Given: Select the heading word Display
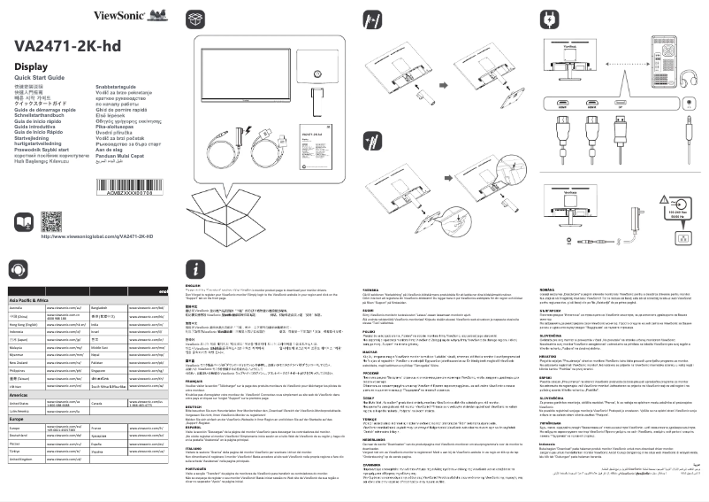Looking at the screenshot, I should tap(32, 67).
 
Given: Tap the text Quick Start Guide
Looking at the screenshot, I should tap(40, 78).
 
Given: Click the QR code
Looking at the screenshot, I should tap(52, 221).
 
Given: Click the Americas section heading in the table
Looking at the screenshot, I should tap(19, 395).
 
